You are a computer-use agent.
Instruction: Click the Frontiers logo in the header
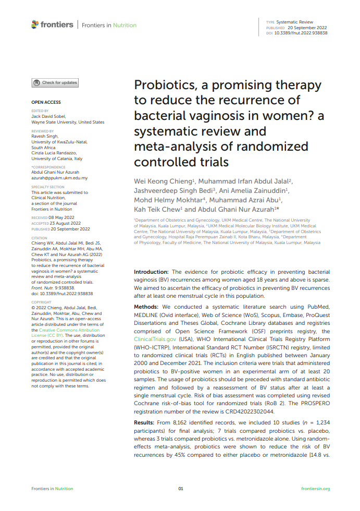[52, 25]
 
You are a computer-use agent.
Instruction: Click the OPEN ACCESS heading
[46, 102]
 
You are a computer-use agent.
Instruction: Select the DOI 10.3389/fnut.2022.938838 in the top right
[301, 33]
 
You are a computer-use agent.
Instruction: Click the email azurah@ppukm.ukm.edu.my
[59, 178]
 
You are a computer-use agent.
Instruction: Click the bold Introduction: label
[151, 272]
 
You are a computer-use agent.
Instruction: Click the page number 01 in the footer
[181, 489]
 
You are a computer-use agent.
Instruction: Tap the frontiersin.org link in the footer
[315, 489]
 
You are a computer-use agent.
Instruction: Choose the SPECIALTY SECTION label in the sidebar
[48, 187]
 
